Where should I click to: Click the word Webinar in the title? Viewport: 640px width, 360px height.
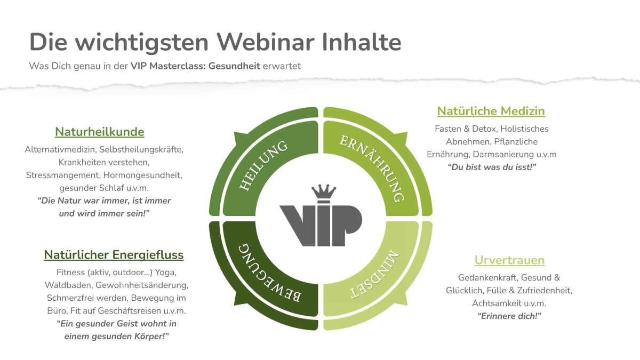266,42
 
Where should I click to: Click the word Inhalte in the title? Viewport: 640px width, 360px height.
362,42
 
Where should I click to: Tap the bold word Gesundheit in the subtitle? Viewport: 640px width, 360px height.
234,66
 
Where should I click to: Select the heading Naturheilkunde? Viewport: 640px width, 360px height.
99,132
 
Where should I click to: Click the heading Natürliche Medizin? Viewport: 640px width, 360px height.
491,111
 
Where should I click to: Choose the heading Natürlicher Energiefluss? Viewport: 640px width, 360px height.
114,255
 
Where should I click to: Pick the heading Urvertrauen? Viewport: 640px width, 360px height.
509,260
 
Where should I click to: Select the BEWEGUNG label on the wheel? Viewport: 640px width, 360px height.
269,273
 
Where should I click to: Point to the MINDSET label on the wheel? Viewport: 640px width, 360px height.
374,275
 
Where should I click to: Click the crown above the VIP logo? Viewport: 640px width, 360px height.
324,191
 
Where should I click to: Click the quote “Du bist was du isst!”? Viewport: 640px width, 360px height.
492,167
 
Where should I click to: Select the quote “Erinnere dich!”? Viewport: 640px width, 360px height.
509,316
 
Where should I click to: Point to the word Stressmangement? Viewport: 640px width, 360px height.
62,175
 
